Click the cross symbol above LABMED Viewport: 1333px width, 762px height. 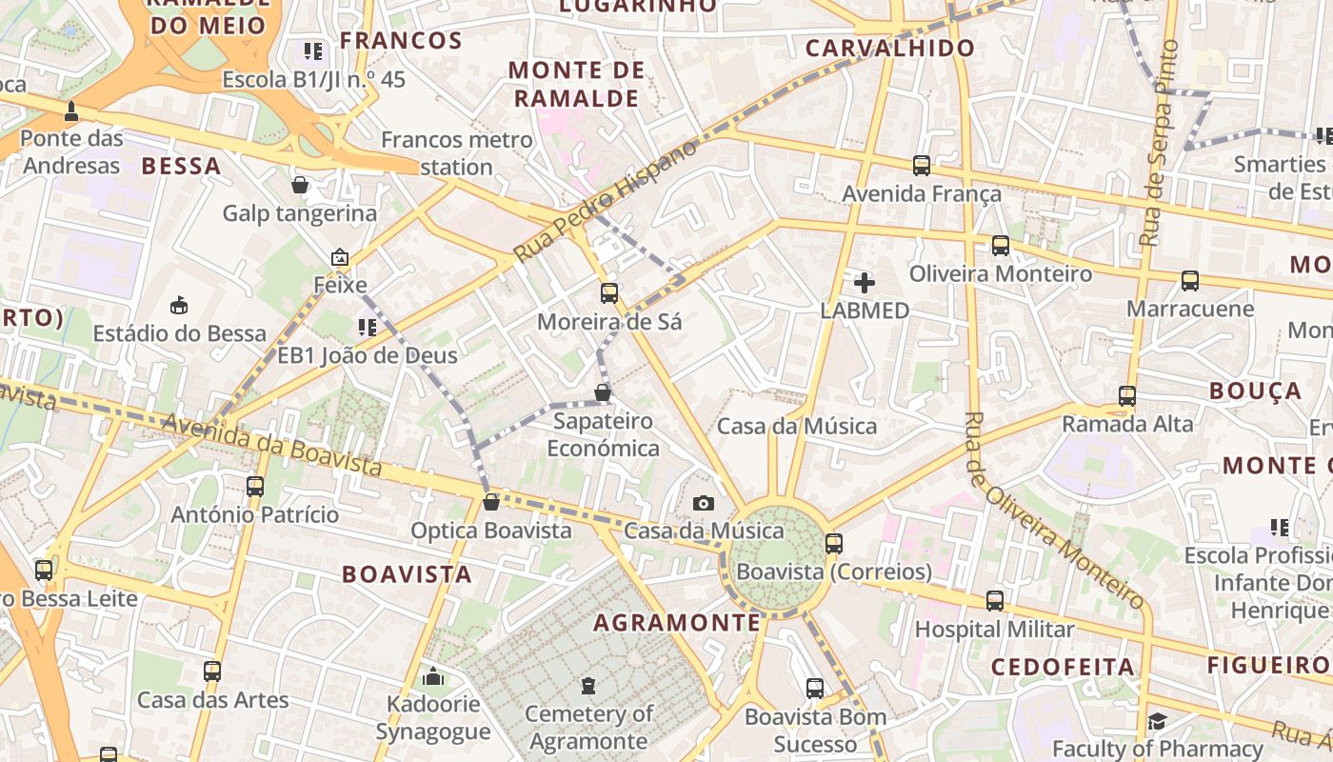tap(864, 283)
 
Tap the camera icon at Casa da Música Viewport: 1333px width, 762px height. tap(703, 503)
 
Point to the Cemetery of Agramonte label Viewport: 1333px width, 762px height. tap(588, 727)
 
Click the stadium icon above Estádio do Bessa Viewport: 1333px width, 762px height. tap(179, 305)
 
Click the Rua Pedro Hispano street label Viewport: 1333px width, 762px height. tap(606, 201)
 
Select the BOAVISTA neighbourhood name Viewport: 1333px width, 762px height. tap(407, 574)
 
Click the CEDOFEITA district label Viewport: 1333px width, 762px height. tap(1064, 667)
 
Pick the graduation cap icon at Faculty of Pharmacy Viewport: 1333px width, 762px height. tap(1157, 721)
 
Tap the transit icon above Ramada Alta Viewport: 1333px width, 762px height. tap(1127, 395)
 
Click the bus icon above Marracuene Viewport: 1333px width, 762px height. tap(1190, 281)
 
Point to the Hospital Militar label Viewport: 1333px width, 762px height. tap(994, 630)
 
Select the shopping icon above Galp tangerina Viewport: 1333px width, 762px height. tap(300, 185)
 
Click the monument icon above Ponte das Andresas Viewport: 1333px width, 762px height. tap(71, 111)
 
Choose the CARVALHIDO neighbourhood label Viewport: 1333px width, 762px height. tap(890, 49)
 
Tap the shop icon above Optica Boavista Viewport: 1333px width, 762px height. tap(491, 502)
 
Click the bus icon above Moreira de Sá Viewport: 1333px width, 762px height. tap(609, 293)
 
